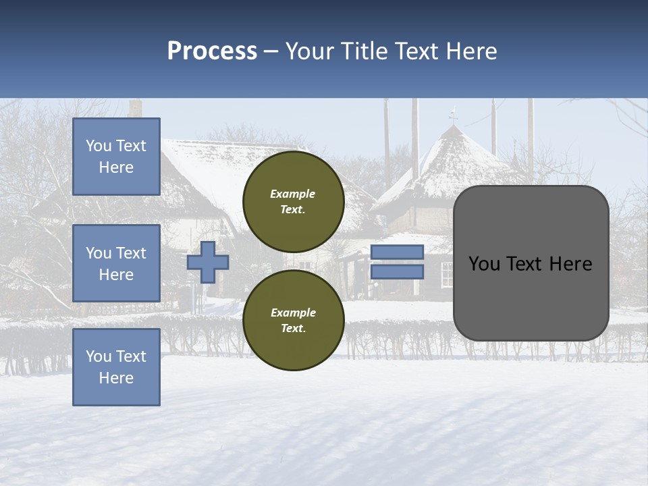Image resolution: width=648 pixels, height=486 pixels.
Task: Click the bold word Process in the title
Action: pos(212,51)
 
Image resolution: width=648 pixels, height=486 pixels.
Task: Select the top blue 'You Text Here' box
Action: pos(116,157)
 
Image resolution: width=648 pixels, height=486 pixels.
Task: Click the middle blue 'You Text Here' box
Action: pos(116,263)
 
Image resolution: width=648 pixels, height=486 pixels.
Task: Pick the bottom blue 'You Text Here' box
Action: pos(116,367)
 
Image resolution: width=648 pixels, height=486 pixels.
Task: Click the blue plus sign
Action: pos(208,263)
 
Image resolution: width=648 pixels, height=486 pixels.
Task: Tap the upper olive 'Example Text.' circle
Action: pos(294,201)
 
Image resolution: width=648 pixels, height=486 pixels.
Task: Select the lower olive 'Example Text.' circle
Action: pos(294,320)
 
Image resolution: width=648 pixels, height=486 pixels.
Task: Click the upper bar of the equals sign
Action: pos(397,252)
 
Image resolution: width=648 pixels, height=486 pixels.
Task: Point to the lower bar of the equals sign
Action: pos(397,272)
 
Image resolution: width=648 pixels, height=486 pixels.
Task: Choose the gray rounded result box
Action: pos(531,263)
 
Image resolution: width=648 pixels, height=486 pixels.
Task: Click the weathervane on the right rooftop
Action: pos(453,115)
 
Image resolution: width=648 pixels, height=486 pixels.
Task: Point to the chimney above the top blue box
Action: pos(136,108)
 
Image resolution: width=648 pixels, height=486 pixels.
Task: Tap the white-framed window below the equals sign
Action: pos(447,273)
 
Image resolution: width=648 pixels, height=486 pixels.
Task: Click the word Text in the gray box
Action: pos(530,264)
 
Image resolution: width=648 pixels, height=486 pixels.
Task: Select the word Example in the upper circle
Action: pos(292,194)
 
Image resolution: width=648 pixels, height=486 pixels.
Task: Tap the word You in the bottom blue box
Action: pos(99,356)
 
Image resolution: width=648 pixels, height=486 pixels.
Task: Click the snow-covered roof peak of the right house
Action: pos(454,132)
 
